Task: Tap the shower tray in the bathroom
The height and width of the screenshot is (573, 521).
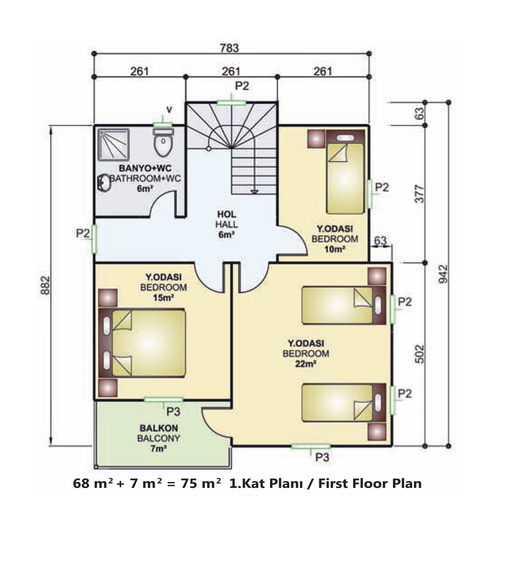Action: pyautogui.click(x=114, y=144)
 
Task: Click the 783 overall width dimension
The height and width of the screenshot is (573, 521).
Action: pyautogui.click(x=229, y=48)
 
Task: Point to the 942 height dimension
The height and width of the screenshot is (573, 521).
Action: pyautogui.click(x=443, y=274)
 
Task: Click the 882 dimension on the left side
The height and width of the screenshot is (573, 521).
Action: pyautogui.click(x=46, y=285)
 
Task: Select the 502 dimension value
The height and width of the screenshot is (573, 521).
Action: pyautogui.click(x=419, y=354)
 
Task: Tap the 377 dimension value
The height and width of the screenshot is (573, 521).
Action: pyautogui.click(x=419, y=194)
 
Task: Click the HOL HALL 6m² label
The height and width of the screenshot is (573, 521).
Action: pyautogui.click(x=227, y=224)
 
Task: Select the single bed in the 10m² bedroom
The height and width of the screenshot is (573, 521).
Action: pyautogui.click(x=346, y=172)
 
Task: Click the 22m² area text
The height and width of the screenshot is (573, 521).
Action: pyautogui.click(x=305, y=364)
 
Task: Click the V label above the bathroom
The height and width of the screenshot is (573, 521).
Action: pyautogui.click(x=169, y=110)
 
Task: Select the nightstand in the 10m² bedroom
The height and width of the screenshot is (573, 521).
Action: pyautogui.click(x=316, y=139)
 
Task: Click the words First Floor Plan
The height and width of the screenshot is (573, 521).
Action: pyautogui.click(x=369, y=483)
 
